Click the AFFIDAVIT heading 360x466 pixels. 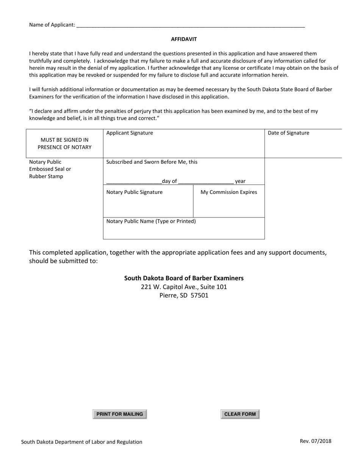coord(184,39)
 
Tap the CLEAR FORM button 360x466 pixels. coord(240,414)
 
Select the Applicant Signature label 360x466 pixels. coord(130,133)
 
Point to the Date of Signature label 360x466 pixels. coord(288,133)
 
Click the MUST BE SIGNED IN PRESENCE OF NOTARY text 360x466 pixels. coord(64,144)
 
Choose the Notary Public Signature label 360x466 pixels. coord(134,192)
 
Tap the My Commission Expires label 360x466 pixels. coord(229,192)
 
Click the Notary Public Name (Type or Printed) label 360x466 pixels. coord(151,221)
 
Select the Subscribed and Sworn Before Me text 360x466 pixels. coord(152,162)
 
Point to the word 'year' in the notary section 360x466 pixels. coord(240,181)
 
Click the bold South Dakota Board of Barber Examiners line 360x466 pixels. coord(184,278)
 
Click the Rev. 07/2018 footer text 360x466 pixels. coord(315,441)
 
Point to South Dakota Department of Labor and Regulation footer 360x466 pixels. coord(82,442)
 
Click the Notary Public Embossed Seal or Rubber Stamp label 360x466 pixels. coord(50,169)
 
